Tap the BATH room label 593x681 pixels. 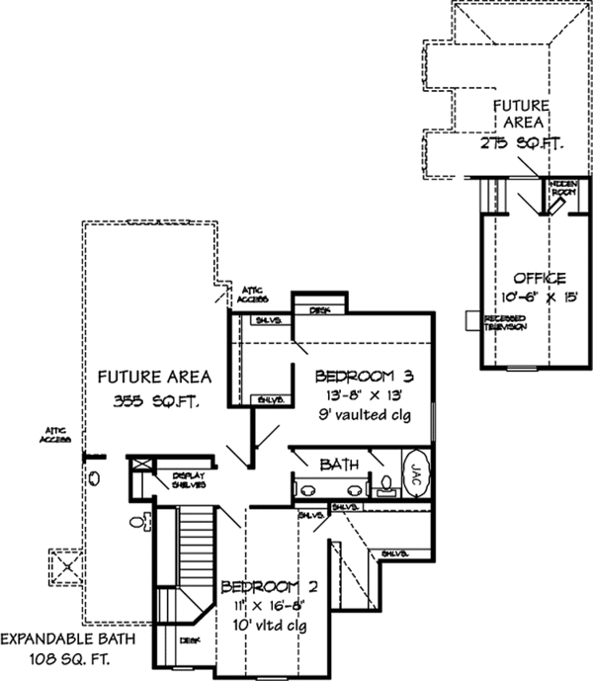[337, 463]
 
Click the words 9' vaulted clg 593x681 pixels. [362, 413]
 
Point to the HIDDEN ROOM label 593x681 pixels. [564, 187]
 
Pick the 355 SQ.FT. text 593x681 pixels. [151, 402]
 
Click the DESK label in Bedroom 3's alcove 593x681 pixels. [318, 310]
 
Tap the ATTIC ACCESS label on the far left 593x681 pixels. [55, 436]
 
